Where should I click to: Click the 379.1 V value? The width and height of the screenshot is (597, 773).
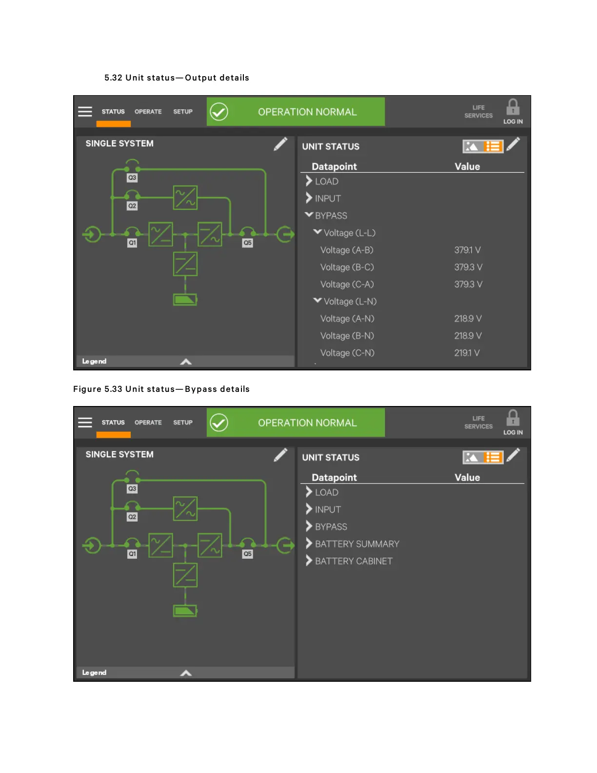tap(467, 250)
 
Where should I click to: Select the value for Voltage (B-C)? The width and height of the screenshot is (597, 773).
tap(468, 267)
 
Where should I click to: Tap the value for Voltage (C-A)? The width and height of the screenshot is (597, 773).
tap(468, 285)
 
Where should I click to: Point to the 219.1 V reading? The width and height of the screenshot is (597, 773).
tap(467, 353)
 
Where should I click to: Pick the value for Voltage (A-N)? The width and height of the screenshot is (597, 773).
tap(468, 319)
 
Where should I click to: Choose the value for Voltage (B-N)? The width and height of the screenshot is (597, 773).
tap(468, 336)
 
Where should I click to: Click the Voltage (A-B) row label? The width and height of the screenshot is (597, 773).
tap(346, 250)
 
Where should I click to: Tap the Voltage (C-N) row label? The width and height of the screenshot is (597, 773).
tap(347, 353)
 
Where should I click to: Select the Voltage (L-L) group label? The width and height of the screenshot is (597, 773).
tap(349, 233)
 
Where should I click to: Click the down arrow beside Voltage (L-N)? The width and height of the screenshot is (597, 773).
tap(318, 301)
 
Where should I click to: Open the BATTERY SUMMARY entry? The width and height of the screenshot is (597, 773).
tap(357, 544)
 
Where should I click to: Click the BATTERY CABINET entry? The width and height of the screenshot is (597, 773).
tap(353, 561)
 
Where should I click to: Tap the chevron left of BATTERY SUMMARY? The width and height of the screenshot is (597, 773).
tap(309, 544)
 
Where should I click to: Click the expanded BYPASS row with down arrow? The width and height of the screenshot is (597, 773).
tap(331, 216)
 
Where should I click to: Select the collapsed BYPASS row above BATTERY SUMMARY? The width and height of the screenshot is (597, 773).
tap(331, 527)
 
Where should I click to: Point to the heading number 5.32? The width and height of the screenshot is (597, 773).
tap(113, 78)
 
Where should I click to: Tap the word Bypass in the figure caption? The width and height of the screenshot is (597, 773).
tap(201, 389)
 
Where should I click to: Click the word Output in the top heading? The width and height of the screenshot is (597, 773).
tap(200, 78)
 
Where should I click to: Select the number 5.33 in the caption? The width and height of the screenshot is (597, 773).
tap(113, 389)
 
